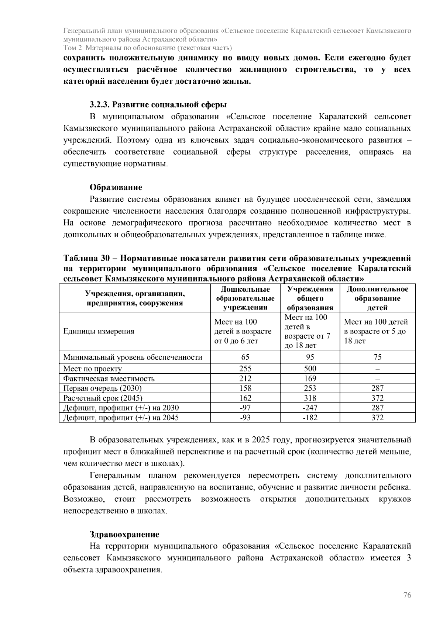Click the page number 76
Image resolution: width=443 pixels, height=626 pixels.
coord(407,595)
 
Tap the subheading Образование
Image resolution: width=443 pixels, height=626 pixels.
coord(116,187)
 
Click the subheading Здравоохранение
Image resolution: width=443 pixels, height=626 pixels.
coord(124,535)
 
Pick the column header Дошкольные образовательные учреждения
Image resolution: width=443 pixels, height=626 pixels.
coord(245,298)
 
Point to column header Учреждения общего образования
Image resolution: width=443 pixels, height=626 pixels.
coord(310,298)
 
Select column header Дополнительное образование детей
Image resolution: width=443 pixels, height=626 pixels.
coord(377,298)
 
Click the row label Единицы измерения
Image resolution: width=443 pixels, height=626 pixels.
coord(99,331)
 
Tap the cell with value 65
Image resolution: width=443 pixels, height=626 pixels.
coord(245,357)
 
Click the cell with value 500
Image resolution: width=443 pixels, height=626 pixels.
coord(310,369)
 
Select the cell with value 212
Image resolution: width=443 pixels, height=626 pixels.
coord(245,378)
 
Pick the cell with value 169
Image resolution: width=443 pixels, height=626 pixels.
coord(310,378)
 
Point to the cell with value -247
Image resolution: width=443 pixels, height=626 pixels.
coord(310,408)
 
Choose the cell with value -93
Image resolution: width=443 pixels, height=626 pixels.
coord(245,418)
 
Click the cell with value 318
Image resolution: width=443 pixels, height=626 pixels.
coord(310,398)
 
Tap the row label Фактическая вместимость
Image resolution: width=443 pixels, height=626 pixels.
coord(109,378)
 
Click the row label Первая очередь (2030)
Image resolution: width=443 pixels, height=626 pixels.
coord(102,388)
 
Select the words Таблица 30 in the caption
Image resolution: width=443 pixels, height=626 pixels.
coord(85,258)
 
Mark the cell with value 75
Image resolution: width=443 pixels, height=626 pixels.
coord(377,357)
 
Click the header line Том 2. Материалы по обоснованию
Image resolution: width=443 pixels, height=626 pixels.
coord(148,48)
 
